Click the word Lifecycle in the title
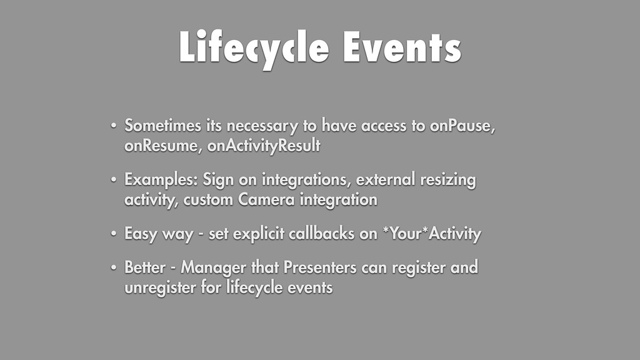tap(254, 49)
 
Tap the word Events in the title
tap(402, 47)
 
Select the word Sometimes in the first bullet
tap(163, 125)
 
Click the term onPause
tap(462, 126)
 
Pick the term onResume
tap(163, 146)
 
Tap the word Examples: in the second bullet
tap(161, 180)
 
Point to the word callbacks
tap(322, 234)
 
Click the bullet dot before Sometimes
tap(114, 125)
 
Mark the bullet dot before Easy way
tap(114, 234)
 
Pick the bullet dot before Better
tap(114, 267)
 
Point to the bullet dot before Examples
tap(114, 179)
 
